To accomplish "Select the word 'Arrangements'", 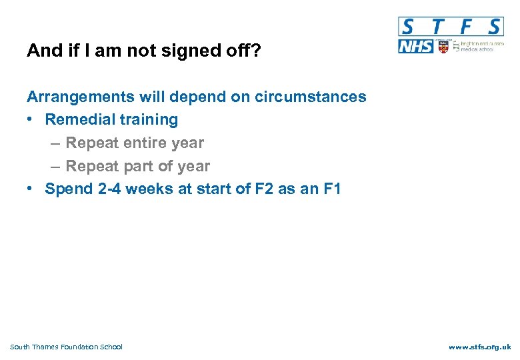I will tap(81, 97).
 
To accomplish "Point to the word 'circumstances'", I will tap(310, 97).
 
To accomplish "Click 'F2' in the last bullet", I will tap(262, 189).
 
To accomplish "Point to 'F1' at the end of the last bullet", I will tap(331, 189).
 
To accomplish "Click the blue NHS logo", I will tap(416, 47).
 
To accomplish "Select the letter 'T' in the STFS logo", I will tap(437, 27).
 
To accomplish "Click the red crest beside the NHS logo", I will tap(443, 47).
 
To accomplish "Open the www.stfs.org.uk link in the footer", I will tap(479, 347).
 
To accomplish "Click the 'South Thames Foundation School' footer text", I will tap(67, 347).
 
